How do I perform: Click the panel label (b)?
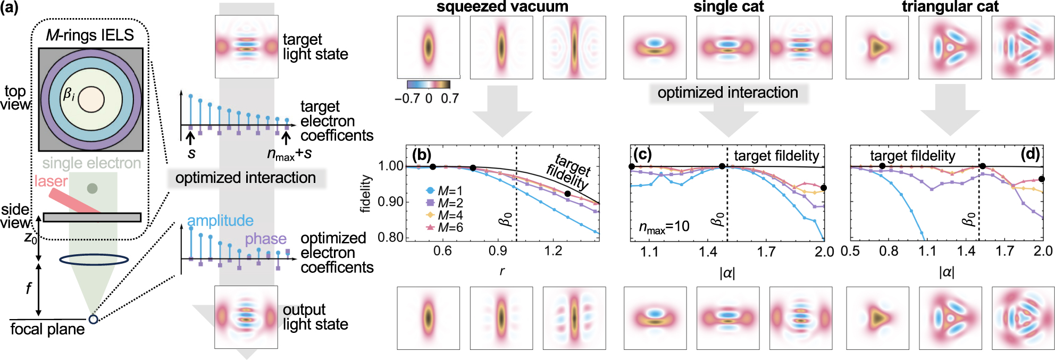pos(421,155)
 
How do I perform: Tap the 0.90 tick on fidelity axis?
pos(390,202)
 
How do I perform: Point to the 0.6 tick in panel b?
pos(442,250)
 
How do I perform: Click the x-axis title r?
pos(502,271)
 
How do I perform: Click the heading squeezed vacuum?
pos(502,6)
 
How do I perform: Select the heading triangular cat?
pos(950,6)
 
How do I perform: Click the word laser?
pos(51,181)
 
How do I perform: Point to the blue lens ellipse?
pos(94,259)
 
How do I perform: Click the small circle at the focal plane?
pos(93,319)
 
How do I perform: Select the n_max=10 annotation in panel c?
pos(664,227)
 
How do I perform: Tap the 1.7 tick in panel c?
pos(766,252)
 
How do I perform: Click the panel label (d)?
pos(1030,154)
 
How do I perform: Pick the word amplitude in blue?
pos(220,221)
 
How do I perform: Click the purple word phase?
pos(265,239)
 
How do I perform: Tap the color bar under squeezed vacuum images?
pos(428,84)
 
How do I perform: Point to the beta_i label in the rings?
pos(69,95)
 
